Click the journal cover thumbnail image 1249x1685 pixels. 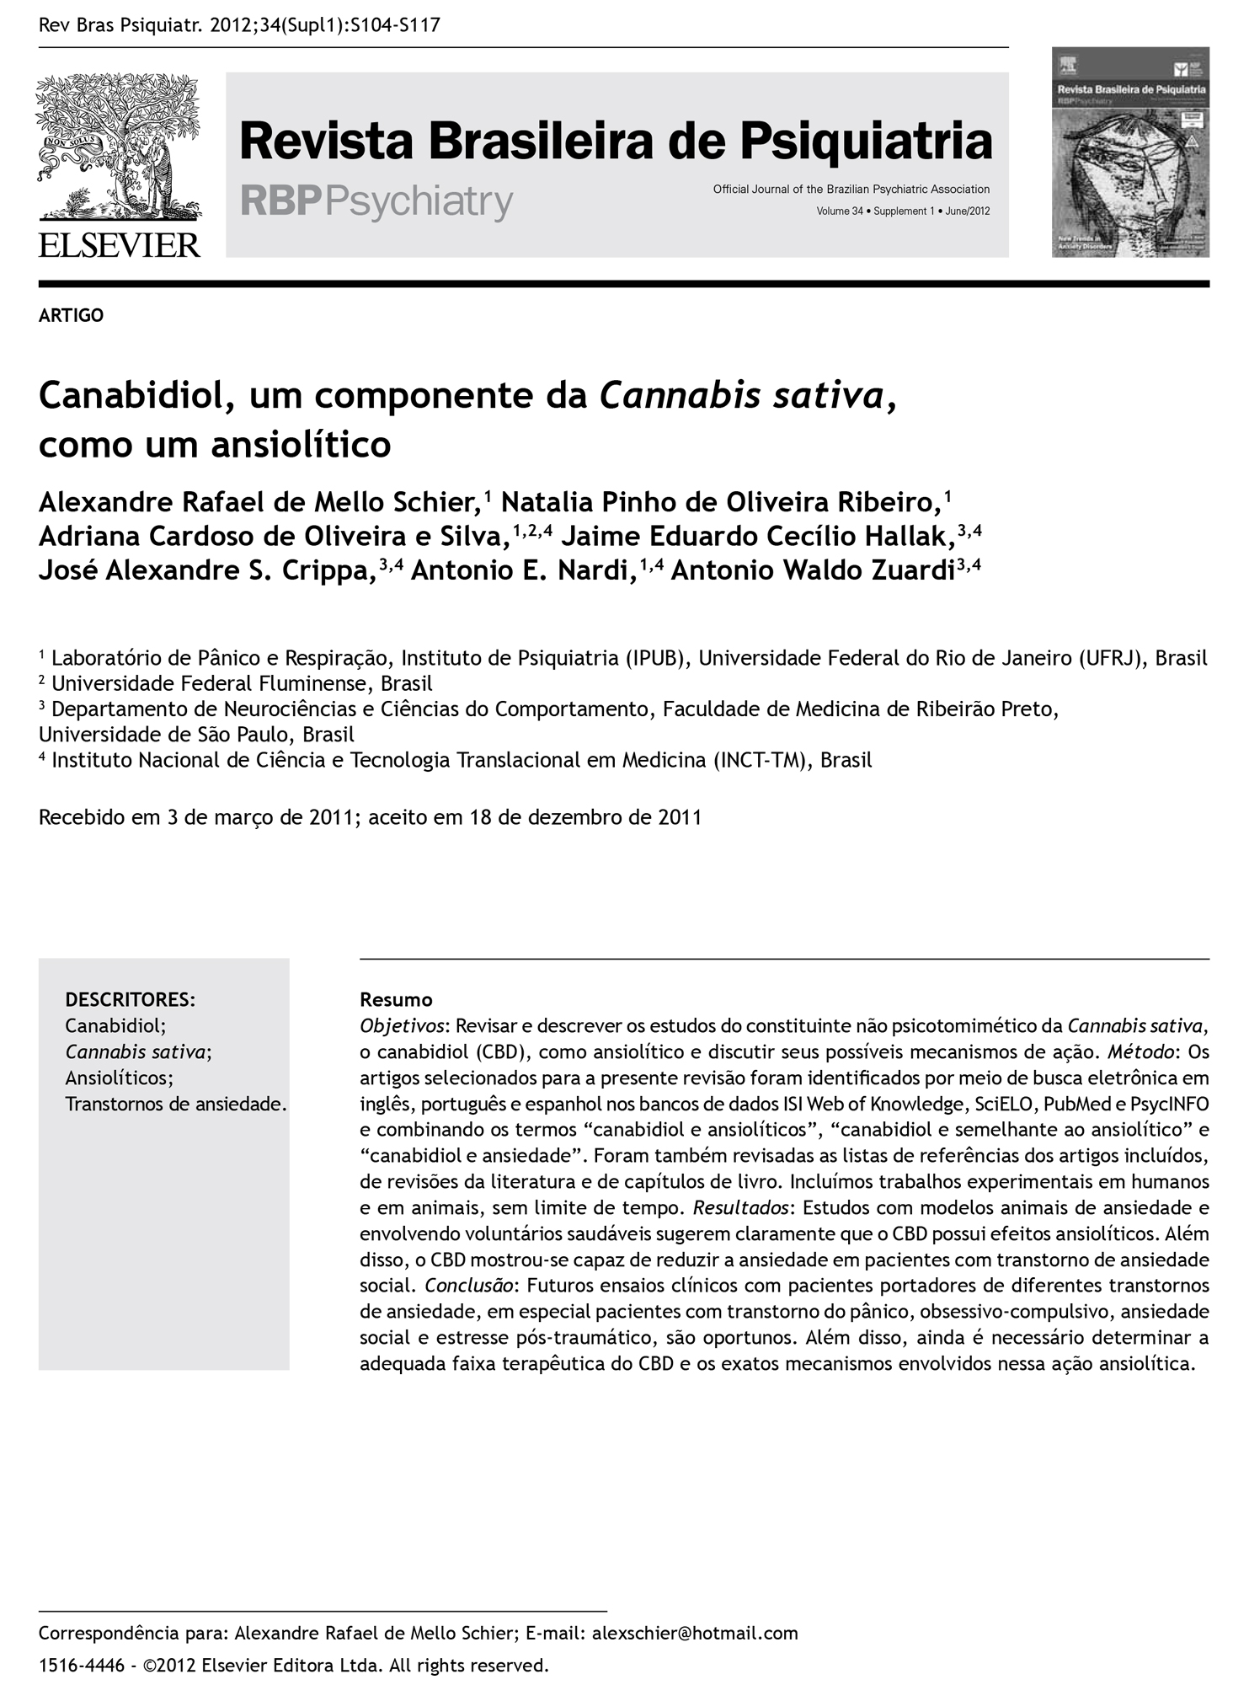pos(1130,152)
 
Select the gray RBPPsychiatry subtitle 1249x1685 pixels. pos(376,202)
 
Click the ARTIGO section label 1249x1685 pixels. pos(72,315)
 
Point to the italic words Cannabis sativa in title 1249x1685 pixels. pos(741,395)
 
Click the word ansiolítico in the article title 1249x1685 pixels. pos(301,444)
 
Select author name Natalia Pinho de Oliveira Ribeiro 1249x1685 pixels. pos(721,502)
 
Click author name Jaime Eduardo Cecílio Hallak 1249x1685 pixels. pos(758,537)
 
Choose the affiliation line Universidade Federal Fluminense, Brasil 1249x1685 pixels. pos(242,683)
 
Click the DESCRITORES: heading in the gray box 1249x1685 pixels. pos(131,1000)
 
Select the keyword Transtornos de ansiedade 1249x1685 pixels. pos(176,1104)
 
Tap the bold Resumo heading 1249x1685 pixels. pos(396,1000)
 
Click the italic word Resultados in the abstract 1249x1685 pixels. pos(742,1208)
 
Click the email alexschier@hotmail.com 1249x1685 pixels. pos(695,1634)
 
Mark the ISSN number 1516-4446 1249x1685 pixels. pos(82,1666)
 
